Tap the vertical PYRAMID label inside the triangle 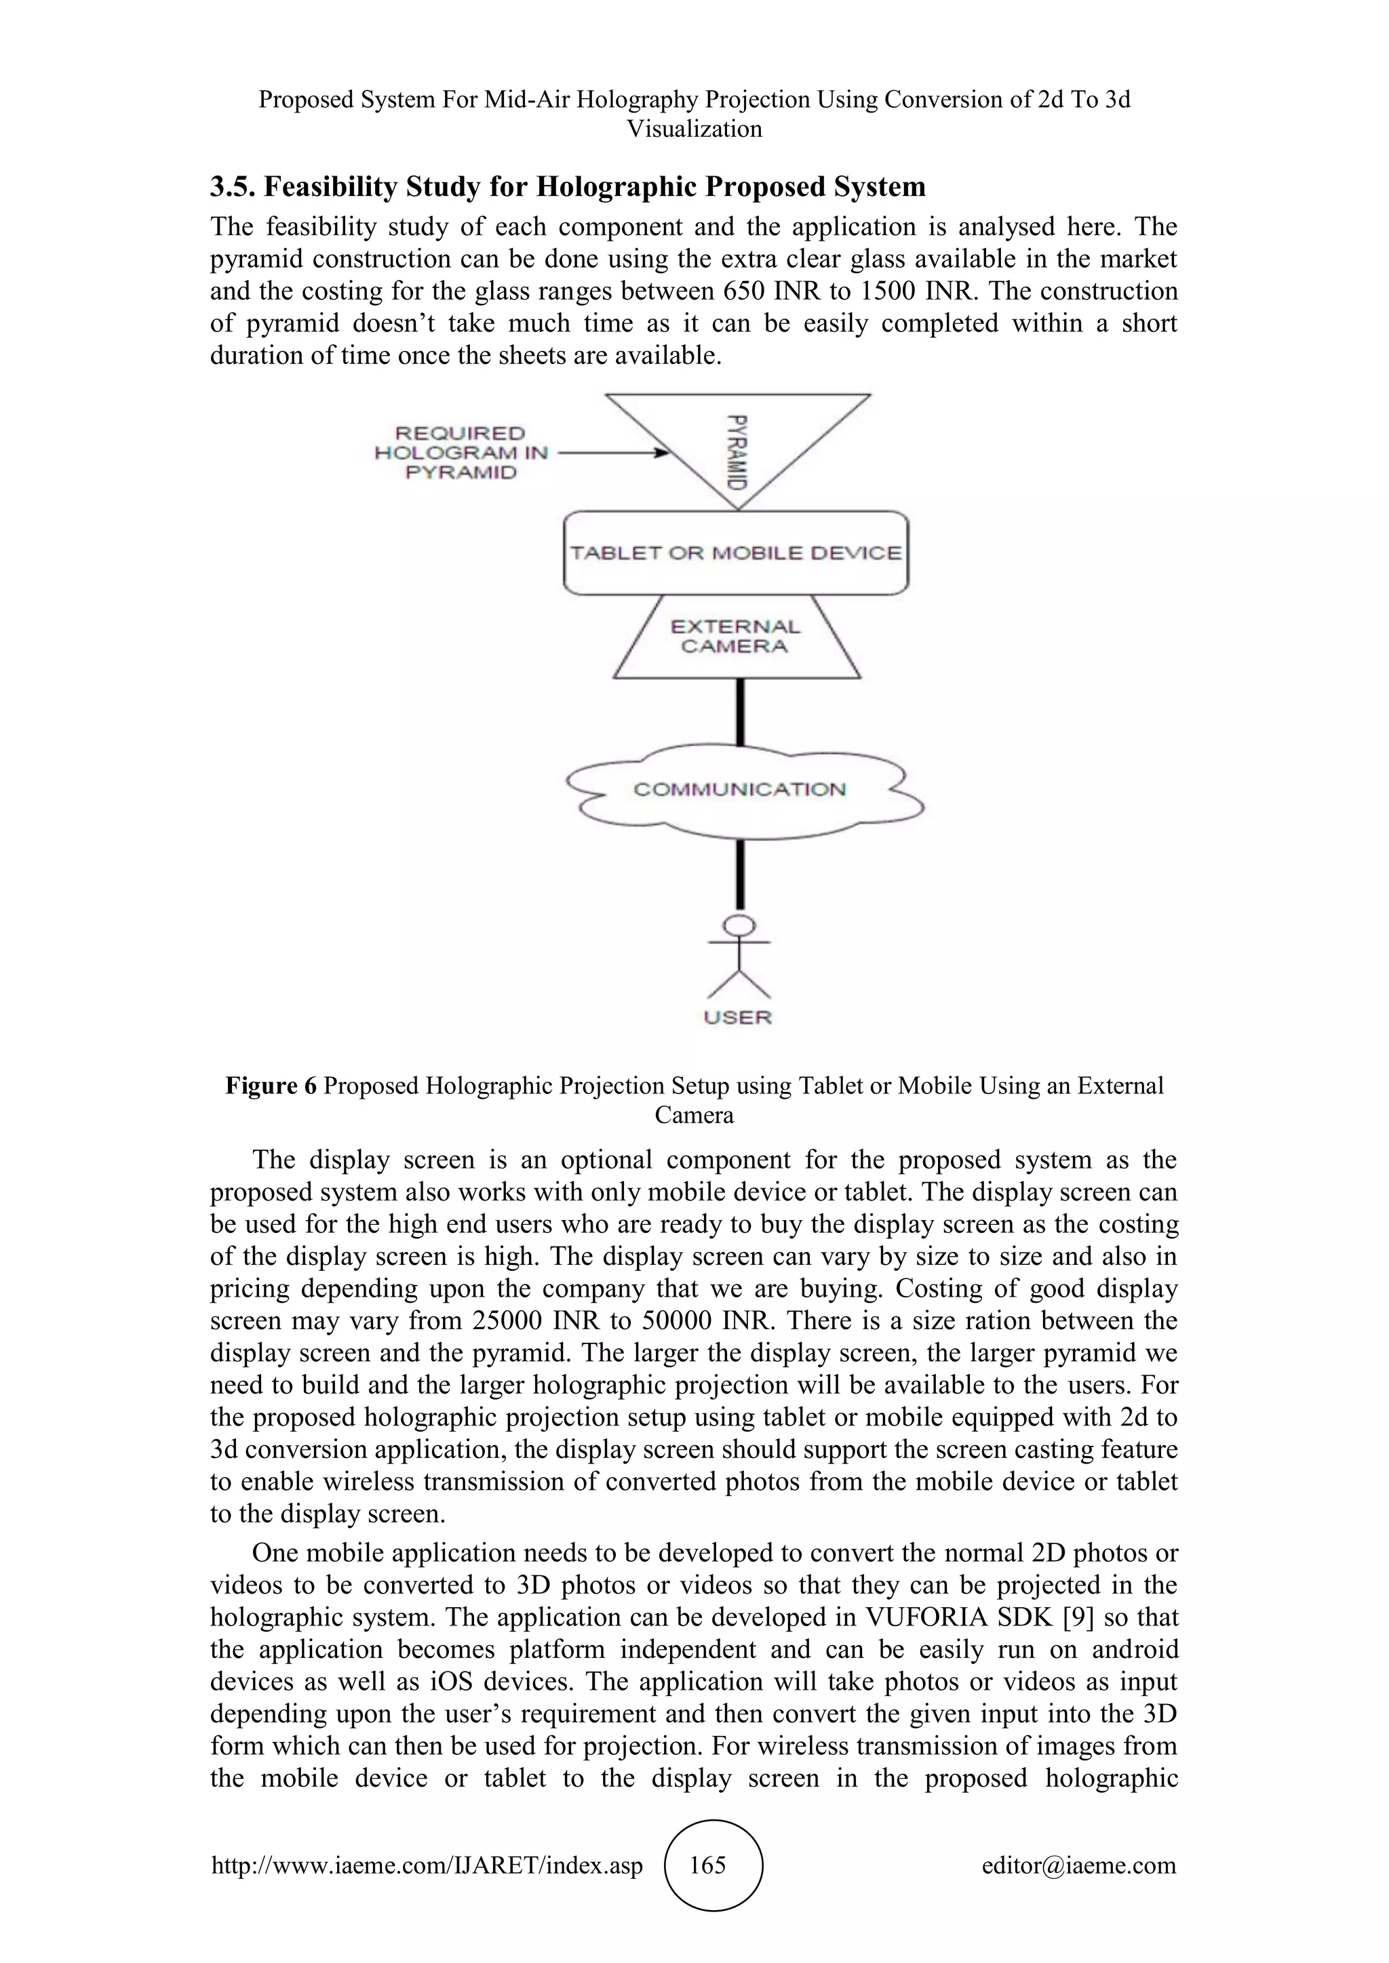737,451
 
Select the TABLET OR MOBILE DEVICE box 736,552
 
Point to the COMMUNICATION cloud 740,789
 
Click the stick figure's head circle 739,925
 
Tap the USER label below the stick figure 737,1017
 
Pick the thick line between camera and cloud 740,712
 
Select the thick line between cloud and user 740,874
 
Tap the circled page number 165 708,1865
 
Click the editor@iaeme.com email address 1078,1865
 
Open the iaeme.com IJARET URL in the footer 427,1865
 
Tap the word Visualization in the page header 694,129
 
